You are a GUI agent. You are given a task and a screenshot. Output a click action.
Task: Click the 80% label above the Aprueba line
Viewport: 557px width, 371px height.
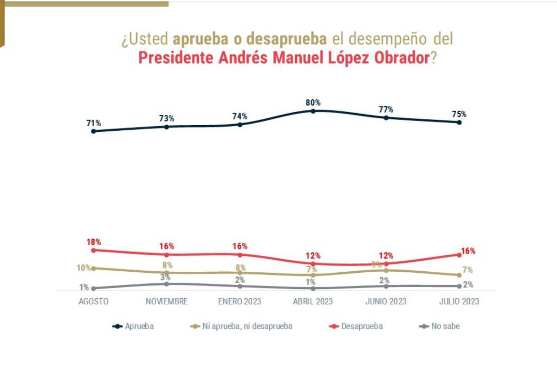313,102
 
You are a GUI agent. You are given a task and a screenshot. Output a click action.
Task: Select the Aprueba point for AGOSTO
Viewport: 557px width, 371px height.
93,131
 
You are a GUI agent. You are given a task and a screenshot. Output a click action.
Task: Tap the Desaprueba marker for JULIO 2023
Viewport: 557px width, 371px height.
459,255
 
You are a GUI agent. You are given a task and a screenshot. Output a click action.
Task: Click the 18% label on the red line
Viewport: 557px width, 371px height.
93,242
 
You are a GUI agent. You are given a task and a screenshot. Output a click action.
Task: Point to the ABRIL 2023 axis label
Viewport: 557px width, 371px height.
313,301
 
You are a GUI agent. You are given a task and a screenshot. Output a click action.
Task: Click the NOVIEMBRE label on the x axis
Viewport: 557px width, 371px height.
167,301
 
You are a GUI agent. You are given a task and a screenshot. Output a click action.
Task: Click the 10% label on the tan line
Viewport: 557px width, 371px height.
84,268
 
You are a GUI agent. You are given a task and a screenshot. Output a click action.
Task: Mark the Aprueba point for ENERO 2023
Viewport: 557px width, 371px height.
240,124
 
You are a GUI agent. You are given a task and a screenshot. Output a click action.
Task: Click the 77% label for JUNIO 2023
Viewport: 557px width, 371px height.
386,109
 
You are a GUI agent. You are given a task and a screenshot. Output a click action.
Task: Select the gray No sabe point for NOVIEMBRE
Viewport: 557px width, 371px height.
167,284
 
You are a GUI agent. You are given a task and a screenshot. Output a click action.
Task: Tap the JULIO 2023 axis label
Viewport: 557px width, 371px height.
459,301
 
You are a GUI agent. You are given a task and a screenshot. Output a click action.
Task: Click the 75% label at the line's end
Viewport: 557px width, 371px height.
459,114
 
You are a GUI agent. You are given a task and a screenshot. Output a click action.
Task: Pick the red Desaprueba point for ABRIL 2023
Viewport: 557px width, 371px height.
313,264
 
